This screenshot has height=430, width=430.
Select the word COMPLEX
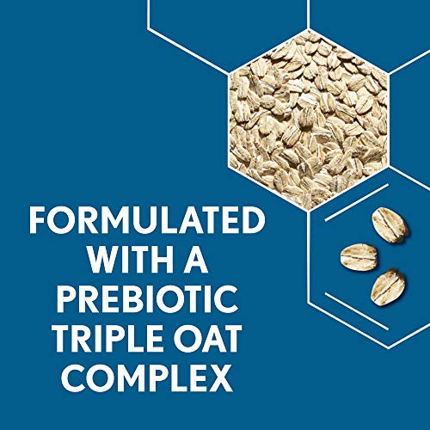(147, 378)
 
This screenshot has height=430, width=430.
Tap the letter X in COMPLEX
(221, 378)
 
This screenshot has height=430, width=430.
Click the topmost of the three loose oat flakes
(390, 225)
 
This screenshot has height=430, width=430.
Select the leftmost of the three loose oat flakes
(359, 256)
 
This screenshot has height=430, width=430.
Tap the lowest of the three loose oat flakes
(388, 286)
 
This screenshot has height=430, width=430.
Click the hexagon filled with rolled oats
(309, 120)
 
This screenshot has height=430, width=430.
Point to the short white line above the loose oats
(356, 203)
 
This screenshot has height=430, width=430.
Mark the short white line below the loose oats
(357, 311)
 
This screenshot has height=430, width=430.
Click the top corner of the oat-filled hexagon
(309, 29)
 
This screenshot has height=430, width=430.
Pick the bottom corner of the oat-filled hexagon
(309, 212)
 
